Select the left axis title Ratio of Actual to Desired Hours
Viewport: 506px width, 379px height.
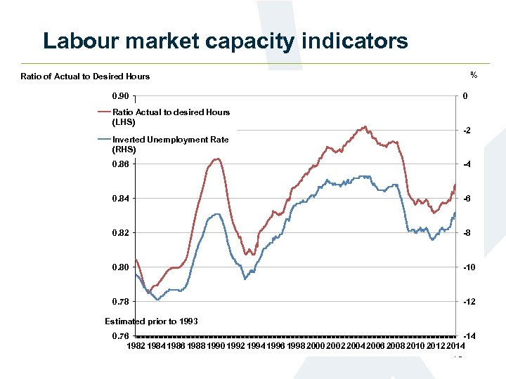(x=85, y=77)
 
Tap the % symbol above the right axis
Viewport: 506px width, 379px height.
(x=474, y=75)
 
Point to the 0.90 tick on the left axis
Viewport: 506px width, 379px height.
(x=120, y=96)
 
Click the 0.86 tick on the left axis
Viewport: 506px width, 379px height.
(x=120, y=164)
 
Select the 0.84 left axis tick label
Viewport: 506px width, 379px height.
(x=120, y=199)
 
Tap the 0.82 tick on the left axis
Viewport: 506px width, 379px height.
(x=120, y=233)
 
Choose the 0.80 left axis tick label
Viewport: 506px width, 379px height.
(x=120, y=267)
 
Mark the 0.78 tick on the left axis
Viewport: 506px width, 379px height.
(x=120, y=302)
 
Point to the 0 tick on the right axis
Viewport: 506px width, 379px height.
(x=465, y=96)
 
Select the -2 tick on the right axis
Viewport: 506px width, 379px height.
(x=467, y=131)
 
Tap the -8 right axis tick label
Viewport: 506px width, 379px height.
(x=467, y=233)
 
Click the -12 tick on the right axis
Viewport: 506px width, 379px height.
(x=469, y=302)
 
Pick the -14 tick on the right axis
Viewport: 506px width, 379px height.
(x=469, y=336)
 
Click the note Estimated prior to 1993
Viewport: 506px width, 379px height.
(x=151, y=321)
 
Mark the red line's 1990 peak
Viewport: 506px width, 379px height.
(x=218, y=159)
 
